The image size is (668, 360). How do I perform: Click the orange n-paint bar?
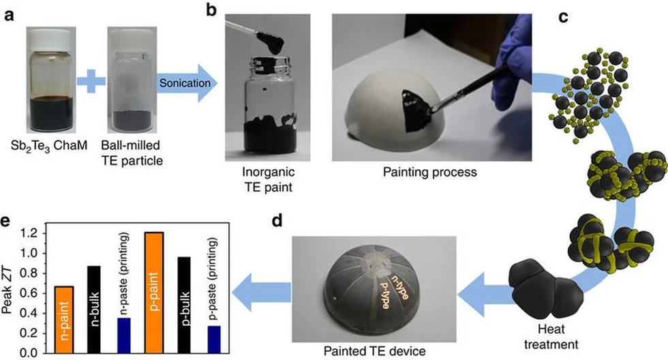pyautogui.click(x=63, y=319)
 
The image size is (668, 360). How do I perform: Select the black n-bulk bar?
pyautogui.click(x=95, y=309)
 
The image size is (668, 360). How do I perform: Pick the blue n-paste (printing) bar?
pyautogui.click(x=123, y=335)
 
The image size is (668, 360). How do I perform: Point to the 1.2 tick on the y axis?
pyautogui.click(x=42, y=233)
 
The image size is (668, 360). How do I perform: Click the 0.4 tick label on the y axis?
pyautogui.click(x=31, y=313)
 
